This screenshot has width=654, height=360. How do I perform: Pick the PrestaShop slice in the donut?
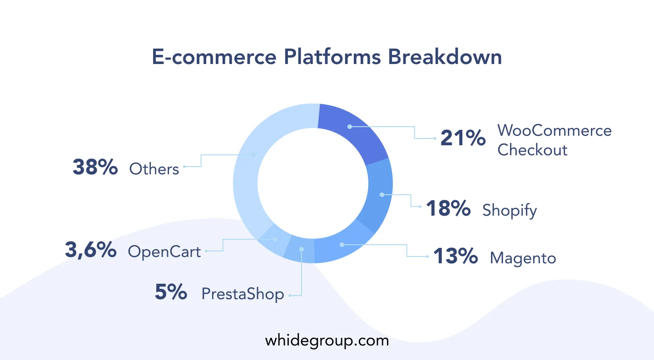pyautogui.click(x=301, y=249)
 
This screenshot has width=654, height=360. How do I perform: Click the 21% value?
pyautogui.click(x=463, y=138)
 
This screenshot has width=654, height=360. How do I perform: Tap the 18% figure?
pyautogui.click(x=448, y=208)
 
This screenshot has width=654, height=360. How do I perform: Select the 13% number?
pyautogui.click(x=456, y=256)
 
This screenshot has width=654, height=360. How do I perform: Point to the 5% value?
pyautogui.click(x=171, y=292)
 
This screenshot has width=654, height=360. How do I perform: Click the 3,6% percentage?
pyautogui.click(x=90, y=250)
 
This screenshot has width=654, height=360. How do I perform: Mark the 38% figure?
pyautogui.click(x=95, y=167)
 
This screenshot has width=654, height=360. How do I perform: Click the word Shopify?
pyautogui.click(x=510, y=210)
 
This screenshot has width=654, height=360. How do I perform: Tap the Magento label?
pyautogui.click(x=523, y=258)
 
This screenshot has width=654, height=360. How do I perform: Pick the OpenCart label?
pyautogui.click(x=164, y=252)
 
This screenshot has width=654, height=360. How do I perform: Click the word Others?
pyautogui.click(x=154, y=169)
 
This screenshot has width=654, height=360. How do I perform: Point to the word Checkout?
pyautogui.click(x=532, y=150)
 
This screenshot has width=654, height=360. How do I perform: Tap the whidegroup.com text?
pyautogui.click(x=327, y=341)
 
